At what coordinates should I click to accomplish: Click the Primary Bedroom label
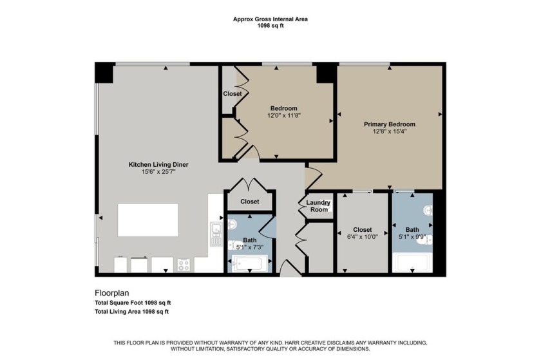389,124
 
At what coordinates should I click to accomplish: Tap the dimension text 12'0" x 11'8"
283,115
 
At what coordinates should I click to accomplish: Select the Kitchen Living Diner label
158,164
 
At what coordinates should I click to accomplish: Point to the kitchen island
148,220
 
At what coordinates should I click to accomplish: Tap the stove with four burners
184,263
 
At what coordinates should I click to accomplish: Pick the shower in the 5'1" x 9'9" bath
412,263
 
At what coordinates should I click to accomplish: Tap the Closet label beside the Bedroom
232,94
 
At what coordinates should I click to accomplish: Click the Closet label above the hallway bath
250,202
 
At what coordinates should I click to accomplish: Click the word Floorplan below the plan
113,291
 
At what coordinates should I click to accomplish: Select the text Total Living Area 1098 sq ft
131,312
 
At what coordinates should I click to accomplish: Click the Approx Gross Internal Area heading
270,19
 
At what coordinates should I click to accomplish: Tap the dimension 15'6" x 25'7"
158,172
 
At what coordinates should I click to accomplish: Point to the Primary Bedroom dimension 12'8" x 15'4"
389,131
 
